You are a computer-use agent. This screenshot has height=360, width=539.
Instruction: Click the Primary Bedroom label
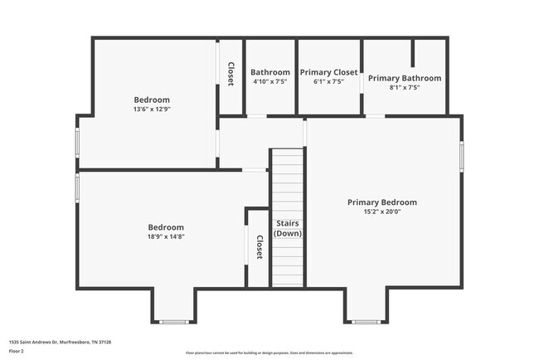point(381,202)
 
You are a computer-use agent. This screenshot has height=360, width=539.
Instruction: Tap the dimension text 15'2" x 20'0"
point(381,212)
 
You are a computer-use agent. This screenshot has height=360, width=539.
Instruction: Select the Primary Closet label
point(328,72)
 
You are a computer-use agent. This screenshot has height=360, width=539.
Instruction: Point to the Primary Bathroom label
point(405,78)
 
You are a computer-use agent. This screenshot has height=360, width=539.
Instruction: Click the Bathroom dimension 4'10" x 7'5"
point(270,82)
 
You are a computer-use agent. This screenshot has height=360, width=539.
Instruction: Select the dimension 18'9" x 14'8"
point(166,236)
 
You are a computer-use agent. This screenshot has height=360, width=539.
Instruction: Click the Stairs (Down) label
point(288,228)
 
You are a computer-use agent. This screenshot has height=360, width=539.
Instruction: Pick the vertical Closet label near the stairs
point(260,247)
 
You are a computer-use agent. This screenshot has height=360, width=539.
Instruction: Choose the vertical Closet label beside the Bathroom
point(231,73)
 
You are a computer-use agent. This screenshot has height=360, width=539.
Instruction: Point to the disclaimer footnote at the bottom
point(269,352)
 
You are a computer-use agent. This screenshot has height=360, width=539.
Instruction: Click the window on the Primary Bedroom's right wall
point(462,157)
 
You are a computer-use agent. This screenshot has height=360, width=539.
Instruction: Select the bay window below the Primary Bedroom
point(365,322)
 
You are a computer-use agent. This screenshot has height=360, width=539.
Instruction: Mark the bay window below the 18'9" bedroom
point(172,322)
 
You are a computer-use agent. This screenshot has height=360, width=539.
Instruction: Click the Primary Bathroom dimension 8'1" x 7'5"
point(405,88)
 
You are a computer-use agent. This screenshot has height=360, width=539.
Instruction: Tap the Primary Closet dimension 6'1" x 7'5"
point(328,82)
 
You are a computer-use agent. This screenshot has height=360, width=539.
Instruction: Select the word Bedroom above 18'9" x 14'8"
point(166,226)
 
